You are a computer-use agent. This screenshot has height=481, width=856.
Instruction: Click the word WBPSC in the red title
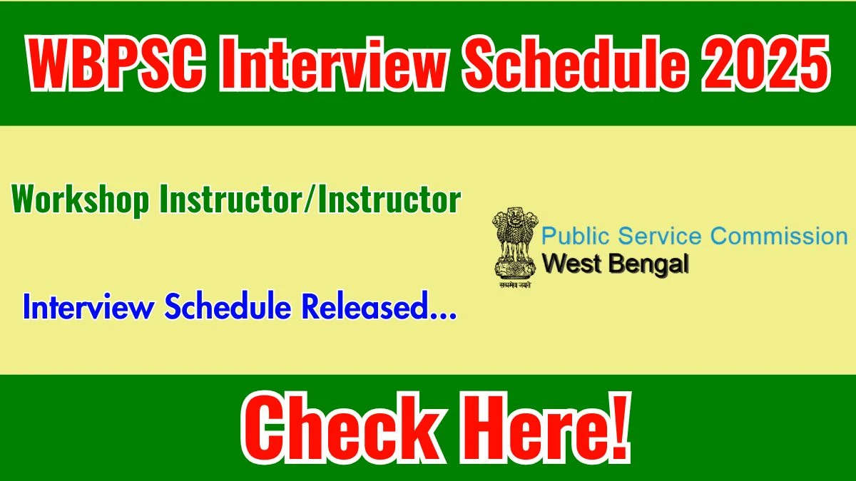click(115, 63)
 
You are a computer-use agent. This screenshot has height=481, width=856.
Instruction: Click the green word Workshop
click(80, 200)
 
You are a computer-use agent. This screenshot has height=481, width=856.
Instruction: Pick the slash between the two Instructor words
click(310, 200)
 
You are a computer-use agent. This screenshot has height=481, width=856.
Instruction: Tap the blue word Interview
click(88, 306)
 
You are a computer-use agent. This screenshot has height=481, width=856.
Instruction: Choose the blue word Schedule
click(228, 306)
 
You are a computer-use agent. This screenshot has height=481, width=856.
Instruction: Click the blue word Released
click(363, 306)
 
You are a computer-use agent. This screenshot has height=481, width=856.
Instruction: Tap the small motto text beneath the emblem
click(515, 284)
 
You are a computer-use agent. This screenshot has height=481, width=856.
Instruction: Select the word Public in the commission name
click(576, 237)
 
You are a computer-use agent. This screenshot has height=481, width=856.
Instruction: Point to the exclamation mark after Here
click(618, 428)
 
